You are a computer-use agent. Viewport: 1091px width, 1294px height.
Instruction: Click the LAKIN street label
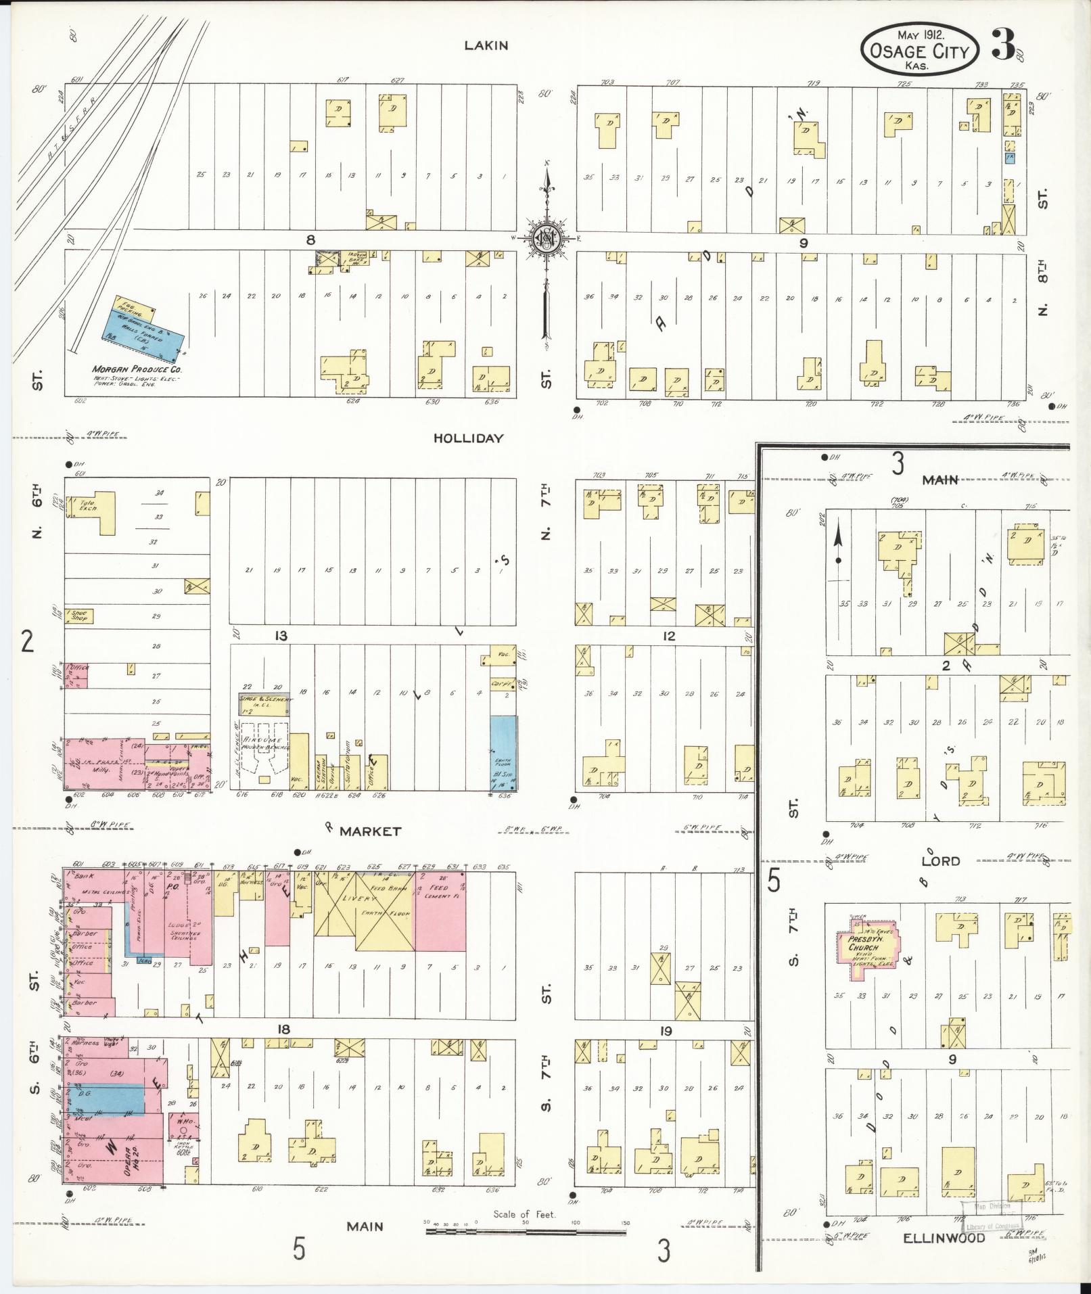coord(486,45)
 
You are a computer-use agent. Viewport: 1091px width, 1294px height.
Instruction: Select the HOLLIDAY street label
coord(468,438)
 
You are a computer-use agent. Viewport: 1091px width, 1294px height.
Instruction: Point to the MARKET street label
coord(370,831)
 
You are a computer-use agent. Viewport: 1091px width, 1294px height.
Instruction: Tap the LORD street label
coord(940,860)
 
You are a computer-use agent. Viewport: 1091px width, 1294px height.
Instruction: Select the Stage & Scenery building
coord(264,703)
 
